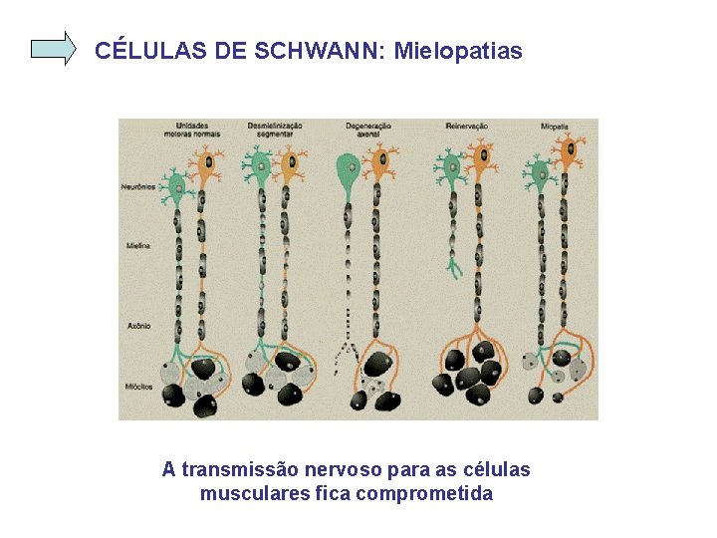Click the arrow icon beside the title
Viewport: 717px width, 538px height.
click(x=54, y=48)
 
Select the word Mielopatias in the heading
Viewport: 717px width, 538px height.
click(x=458, y=51)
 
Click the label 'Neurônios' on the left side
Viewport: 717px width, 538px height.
click(x=137, y=186)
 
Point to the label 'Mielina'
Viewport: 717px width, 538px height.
click(x=137, y=244)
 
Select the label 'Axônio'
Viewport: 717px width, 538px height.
click(x=137, y=324)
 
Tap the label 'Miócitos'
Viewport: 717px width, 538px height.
click(x=138, y=387)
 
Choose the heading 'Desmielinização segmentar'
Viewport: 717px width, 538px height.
click(x=275, y=130)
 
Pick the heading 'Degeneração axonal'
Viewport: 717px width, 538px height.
click(x=368, y=130)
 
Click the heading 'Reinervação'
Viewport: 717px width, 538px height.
click(x=465, y=126)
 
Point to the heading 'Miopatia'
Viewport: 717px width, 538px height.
click(x=555, y=126)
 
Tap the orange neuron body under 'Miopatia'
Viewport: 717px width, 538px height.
click(x=569, y=153)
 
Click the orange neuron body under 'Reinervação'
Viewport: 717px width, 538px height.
click(x=482, y=155)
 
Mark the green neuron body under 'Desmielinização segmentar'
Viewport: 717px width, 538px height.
click(x=261, y=162)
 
